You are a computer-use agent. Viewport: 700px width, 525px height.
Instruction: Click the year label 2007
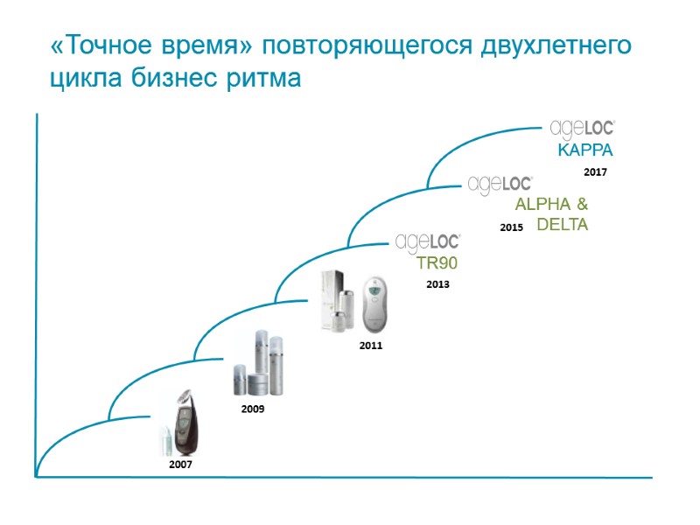(x=180, y=465)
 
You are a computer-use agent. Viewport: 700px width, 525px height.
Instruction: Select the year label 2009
(x=252, y=409)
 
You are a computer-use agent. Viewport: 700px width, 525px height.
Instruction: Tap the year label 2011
(x=371, y=346)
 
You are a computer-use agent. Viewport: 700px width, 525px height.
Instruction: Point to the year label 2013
(x=437, y=284)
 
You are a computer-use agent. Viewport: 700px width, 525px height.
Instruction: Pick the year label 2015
(x=511, y=227)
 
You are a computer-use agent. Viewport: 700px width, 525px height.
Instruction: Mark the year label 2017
(x=595, y=172)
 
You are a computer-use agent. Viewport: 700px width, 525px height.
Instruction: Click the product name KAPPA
(x=584, y=149)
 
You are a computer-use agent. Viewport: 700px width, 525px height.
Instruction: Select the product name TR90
(x=437, y=262)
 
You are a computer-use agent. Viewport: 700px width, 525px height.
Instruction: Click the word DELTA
(x=562, y=225)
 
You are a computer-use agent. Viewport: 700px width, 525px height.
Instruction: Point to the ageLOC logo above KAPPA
(x=583, y=129)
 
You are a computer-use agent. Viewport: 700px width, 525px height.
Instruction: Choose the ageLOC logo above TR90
(x=428, y=241)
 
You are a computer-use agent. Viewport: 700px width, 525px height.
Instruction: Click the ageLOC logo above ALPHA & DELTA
(x=500, y=185)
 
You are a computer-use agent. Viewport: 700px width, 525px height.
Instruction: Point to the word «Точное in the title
(x=101, y=46)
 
